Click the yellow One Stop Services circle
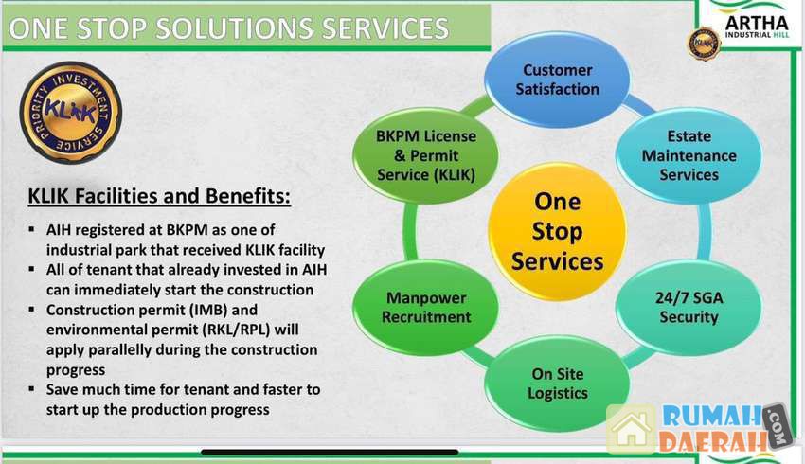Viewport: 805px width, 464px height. point(558,231)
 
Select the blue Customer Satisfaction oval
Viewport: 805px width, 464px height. point(558,80)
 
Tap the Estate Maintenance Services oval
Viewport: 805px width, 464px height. point(689,155)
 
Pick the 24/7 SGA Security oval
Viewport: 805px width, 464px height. point(689,308)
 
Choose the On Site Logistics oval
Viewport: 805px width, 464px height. point(558,384)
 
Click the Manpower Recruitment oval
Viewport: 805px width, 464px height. point(426,308)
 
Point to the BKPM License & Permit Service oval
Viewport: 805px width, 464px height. point(426,155)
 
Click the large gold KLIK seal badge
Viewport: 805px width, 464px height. point(71,113)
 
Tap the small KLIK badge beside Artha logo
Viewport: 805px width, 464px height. point(704,44)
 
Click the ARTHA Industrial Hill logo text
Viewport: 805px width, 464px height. point(757,27)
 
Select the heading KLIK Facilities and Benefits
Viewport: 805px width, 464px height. point(159,196)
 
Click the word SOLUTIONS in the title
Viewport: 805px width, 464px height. point(234,28)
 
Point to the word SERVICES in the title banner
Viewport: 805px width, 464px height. point(385,28)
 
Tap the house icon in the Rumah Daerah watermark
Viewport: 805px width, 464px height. point(632,429)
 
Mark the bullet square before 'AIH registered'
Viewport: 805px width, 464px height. point(32,229)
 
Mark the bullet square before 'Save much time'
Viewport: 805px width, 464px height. point(32,389)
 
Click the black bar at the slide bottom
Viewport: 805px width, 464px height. point(330,453)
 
